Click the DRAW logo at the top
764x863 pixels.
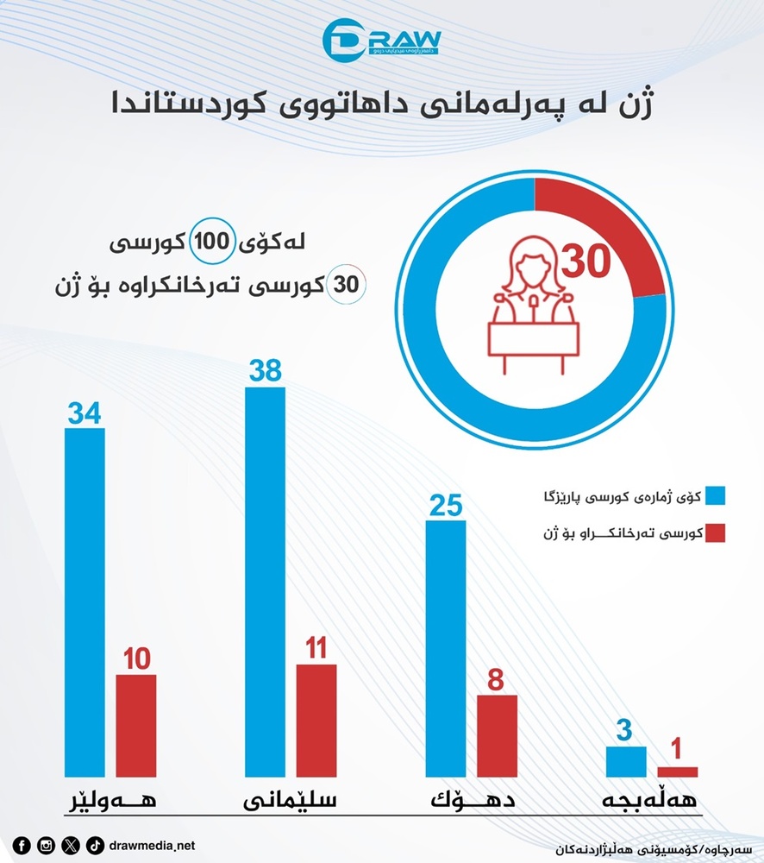381,40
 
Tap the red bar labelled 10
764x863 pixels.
136,725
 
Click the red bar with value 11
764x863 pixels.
316,720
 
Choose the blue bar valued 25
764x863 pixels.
446,647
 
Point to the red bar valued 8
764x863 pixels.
497,734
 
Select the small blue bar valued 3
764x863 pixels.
626,760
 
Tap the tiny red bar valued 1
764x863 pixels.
678,771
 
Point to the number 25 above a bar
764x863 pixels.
446,505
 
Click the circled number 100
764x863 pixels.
209,243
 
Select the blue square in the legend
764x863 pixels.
715,495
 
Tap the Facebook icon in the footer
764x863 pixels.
22,845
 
